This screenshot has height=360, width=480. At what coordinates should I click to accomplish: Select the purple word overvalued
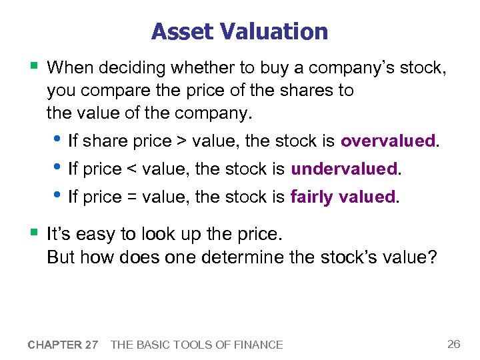[x=387, y=141]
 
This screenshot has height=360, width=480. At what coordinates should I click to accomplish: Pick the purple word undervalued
[x=344, y=169]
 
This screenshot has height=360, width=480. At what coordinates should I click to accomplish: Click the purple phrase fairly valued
[x=343, y=197]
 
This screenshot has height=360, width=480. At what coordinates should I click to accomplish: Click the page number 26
[x=453, y=344]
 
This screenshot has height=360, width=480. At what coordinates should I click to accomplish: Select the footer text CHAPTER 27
[x=63, y=345]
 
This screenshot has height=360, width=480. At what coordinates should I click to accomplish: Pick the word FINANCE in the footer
[x=257, y=345]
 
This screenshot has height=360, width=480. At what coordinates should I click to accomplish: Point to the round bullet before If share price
[x=58, y=139]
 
